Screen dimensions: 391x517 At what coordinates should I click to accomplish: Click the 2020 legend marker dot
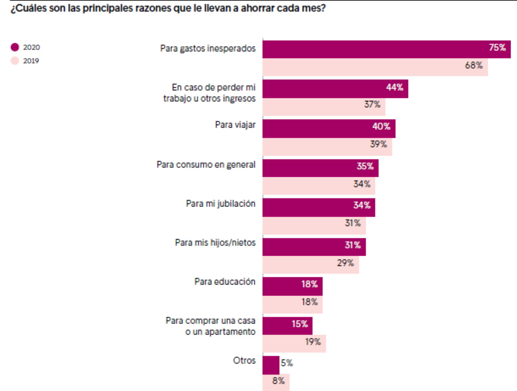(15, 47)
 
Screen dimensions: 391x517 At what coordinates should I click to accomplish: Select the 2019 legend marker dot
(15, 61)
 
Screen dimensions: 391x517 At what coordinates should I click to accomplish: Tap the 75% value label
(497, 48)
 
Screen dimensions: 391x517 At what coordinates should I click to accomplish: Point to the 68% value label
(473, 66)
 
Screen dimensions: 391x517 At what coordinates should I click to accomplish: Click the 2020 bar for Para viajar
(328, 128)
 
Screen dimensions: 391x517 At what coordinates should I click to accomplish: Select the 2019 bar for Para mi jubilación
(314, 225)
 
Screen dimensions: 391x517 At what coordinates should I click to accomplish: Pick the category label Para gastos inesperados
(208, 48)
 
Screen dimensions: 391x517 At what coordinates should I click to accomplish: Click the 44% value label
(395, 88)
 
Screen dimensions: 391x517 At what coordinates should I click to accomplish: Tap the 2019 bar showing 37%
(323, 106)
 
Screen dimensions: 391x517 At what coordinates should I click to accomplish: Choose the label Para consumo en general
(206, 165)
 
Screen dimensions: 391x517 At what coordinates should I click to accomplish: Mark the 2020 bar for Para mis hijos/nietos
(314, 246)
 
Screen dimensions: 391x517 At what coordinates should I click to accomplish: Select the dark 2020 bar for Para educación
(292, 285)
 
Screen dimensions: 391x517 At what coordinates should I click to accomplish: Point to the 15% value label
(299, 324)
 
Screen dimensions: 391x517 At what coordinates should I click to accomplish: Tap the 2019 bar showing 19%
(294, 343)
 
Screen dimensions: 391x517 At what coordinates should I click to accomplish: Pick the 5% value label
(287, 363)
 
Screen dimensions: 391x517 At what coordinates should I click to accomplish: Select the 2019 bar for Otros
(276, 382)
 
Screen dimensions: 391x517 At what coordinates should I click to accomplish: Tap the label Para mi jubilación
(221, 203)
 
